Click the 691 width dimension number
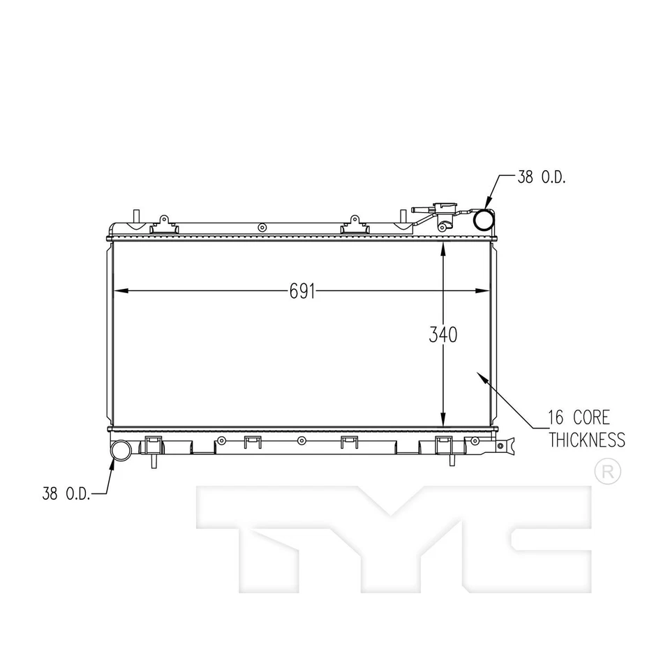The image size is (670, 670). coord(303,291)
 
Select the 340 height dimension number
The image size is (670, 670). coord(443,335)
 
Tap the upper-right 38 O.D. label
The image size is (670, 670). coord(542,177)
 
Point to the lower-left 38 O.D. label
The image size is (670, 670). coord(66,494)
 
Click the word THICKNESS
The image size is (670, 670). coord(586,440)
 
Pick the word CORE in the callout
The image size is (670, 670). coord(591,418)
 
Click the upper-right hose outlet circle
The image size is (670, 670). coord(484,220)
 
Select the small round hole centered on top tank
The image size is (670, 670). coord(262,227)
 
